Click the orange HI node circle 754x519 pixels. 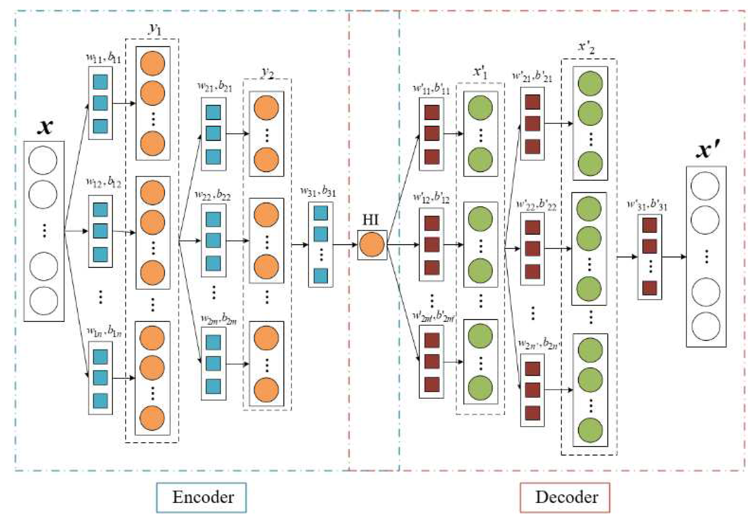[x=372, y=245]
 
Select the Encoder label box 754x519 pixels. [x=201, y=497]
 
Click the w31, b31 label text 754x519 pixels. [x=318, y=191]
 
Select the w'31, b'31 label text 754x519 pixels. [x=647, y=205]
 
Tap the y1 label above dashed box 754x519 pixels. [x=155, y=30]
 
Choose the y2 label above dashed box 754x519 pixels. [x=267, y=73]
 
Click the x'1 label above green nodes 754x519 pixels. [x=480, y=72]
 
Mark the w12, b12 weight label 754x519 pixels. [x=103, y=182]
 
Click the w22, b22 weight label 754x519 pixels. [x=212, y=195]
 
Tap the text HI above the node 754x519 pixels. [x=370, y=220]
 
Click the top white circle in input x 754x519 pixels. [x=43, y=160]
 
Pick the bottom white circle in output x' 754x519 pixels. [x=705, y=326]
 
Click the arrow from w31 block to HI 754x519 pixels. [x=345, y=245]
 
